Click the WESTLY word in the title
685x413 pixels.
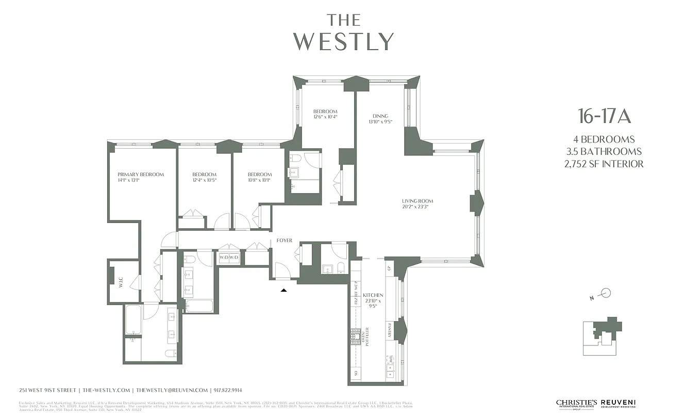click(344, 41)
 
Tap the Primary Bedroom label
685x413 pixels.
click(140, 174)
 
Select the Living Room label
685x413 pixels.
click(417, 201)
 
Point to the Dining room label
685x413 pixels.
click(380, 116)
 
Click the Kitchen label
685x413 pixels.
click(373, 295)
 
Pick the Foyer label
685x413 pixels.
click(285, 241)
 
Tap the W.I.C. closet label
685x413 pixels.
click(121, 282)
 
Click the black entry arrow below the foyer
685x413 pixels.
click(283, 291)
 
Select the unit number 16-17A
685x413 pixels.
click(604, 117)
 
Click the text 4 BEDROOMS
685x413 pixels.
click(604, 139)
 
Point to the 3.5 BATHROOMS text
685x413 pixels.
click(604, 152)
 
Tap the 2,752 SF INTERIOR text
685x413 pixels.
click(604, 164)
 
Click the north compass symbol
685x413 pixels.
click(606, 294)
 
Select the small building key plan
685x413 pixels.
click(602, 337)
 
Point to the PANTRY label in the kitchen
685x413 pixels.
click(390, 331)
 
